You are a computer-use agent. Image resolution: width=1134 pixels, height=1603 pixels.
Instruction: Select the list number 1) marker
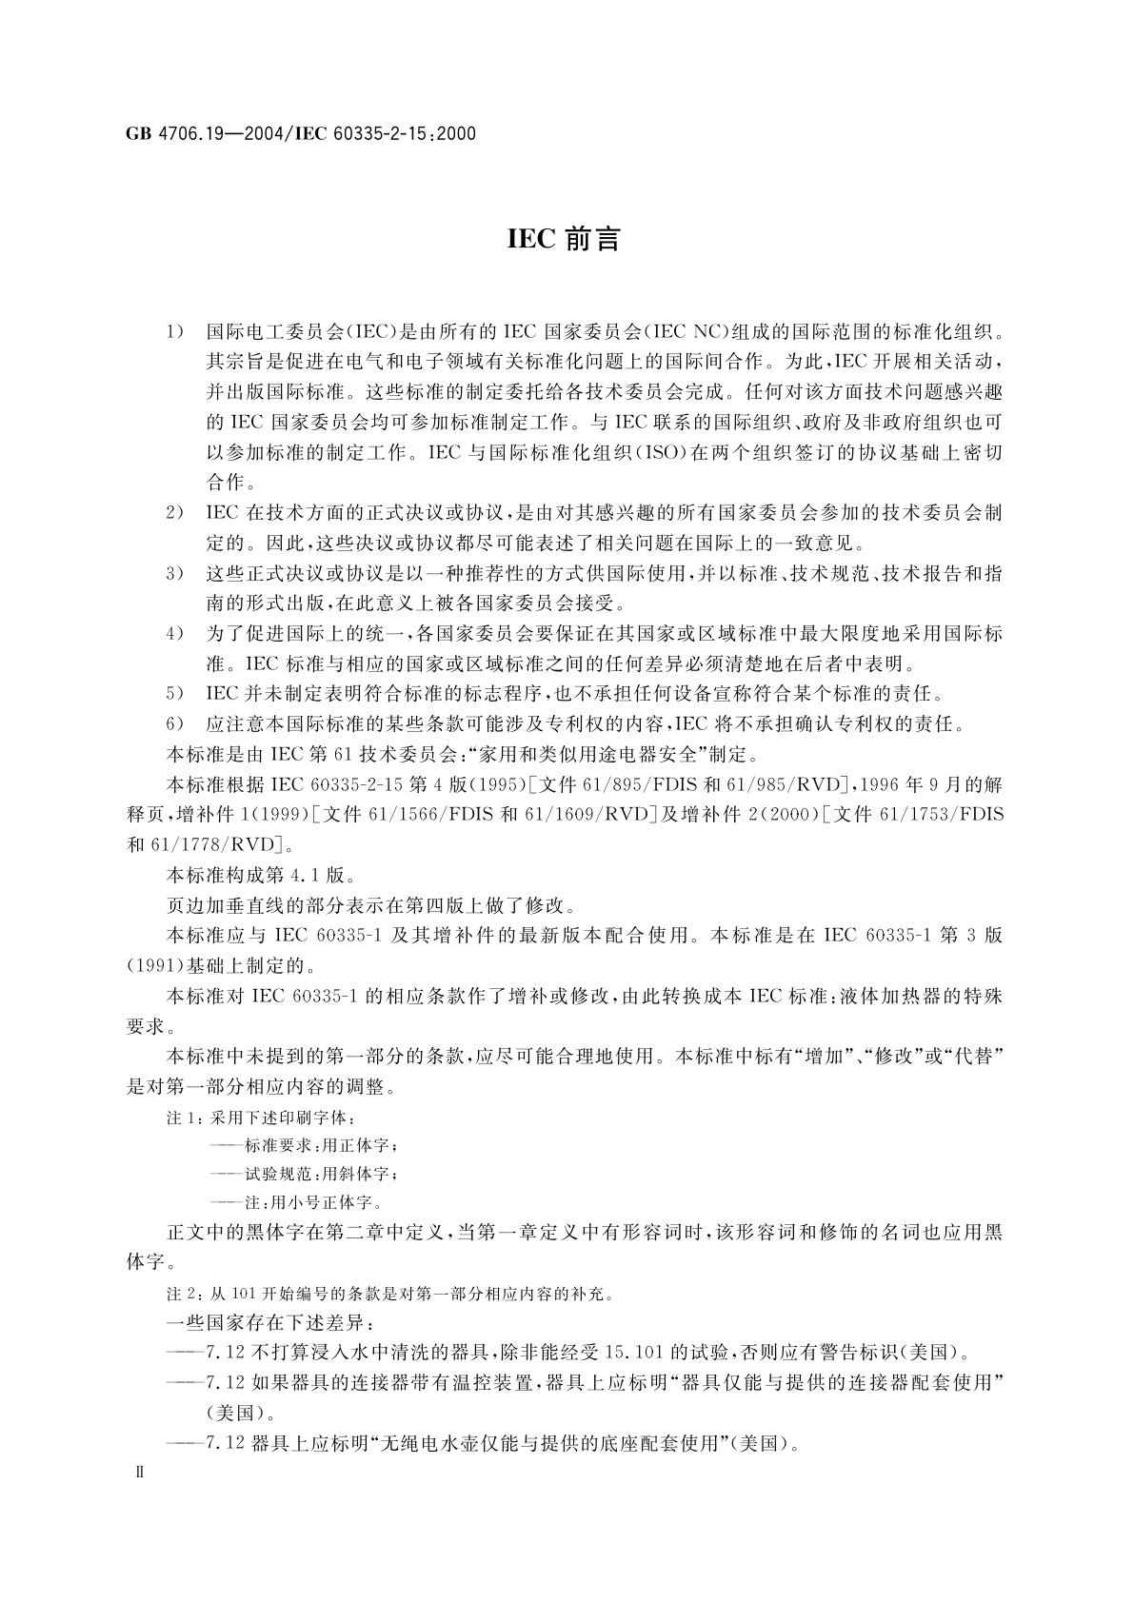pyautogui.click(x=174, y=332)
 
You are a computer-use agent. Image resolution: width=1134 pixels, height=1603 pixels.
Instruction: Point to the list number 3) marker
pyautogui.click(x=174, y=574)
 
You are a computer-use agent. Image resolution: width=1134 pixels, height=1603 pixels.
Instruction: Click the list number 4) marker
pyautogui.click(x=174, y=634)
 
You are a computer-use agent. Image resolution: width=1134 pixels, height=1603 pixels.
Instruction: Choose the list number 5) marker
pyautogui.click(x=174, y=694)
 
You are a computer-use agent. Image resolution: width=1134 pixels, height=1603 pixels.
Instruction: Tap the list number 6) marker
pyautogui.click(x=174, y=724)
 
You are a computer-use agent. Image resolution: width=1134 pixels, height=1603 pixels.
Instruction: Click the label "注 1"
pyautogui.click(x=183, y=1118)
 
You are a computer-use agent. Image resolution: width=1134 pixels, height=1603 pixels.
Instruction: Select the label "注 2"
pyautogui.click(x=183, y=1294)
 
